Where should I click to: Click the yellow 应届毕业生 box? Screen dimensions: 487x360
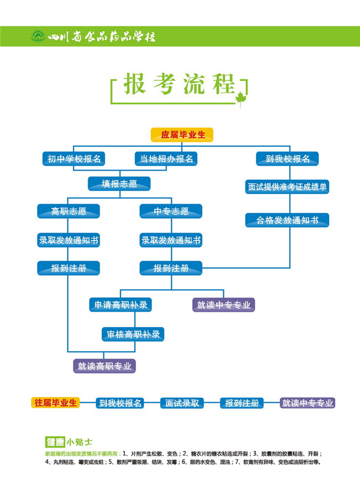(x=182, y=135)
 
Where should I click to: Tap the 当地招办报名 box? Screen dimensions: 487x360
(x=166, y=159)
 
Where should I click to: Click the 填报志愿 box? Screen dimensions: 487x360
(x=119, y=184)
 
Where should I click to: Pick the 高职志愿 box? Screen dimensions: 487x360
(x=69, y=211)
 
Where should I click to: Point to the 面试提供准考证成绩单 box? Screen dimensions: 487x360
(x=287, y=187)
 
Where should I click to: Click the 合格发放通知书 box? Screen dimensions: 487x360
(x=287, y=220)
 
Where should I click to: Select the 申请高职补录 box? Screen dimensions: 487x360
(x=121, y=305)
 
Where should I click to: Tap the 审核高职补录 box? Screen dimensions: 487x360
(x=133, y=334)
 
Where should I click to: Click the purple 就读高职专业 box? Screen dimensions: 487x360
(x=105, y=366)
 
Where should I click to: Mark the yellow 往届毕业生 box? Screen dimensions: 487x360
(x=55, y=402)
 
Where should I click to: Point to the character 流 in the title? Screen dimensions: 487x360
(x=184, y=85)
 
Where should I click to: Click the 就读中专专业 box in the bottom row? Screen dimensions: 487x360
(x=308, y=403)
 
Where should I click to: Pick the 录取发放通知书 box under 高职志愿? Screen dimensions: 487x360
(x=69, y=240)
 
